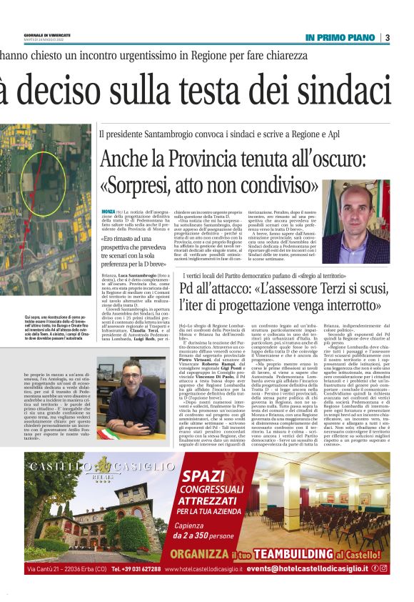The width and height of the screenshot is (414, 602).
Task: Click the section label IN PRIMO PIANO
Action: [x=340, y=37]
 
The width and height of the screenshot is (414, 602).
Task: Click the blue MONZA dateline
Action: [x=108, y=212]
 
